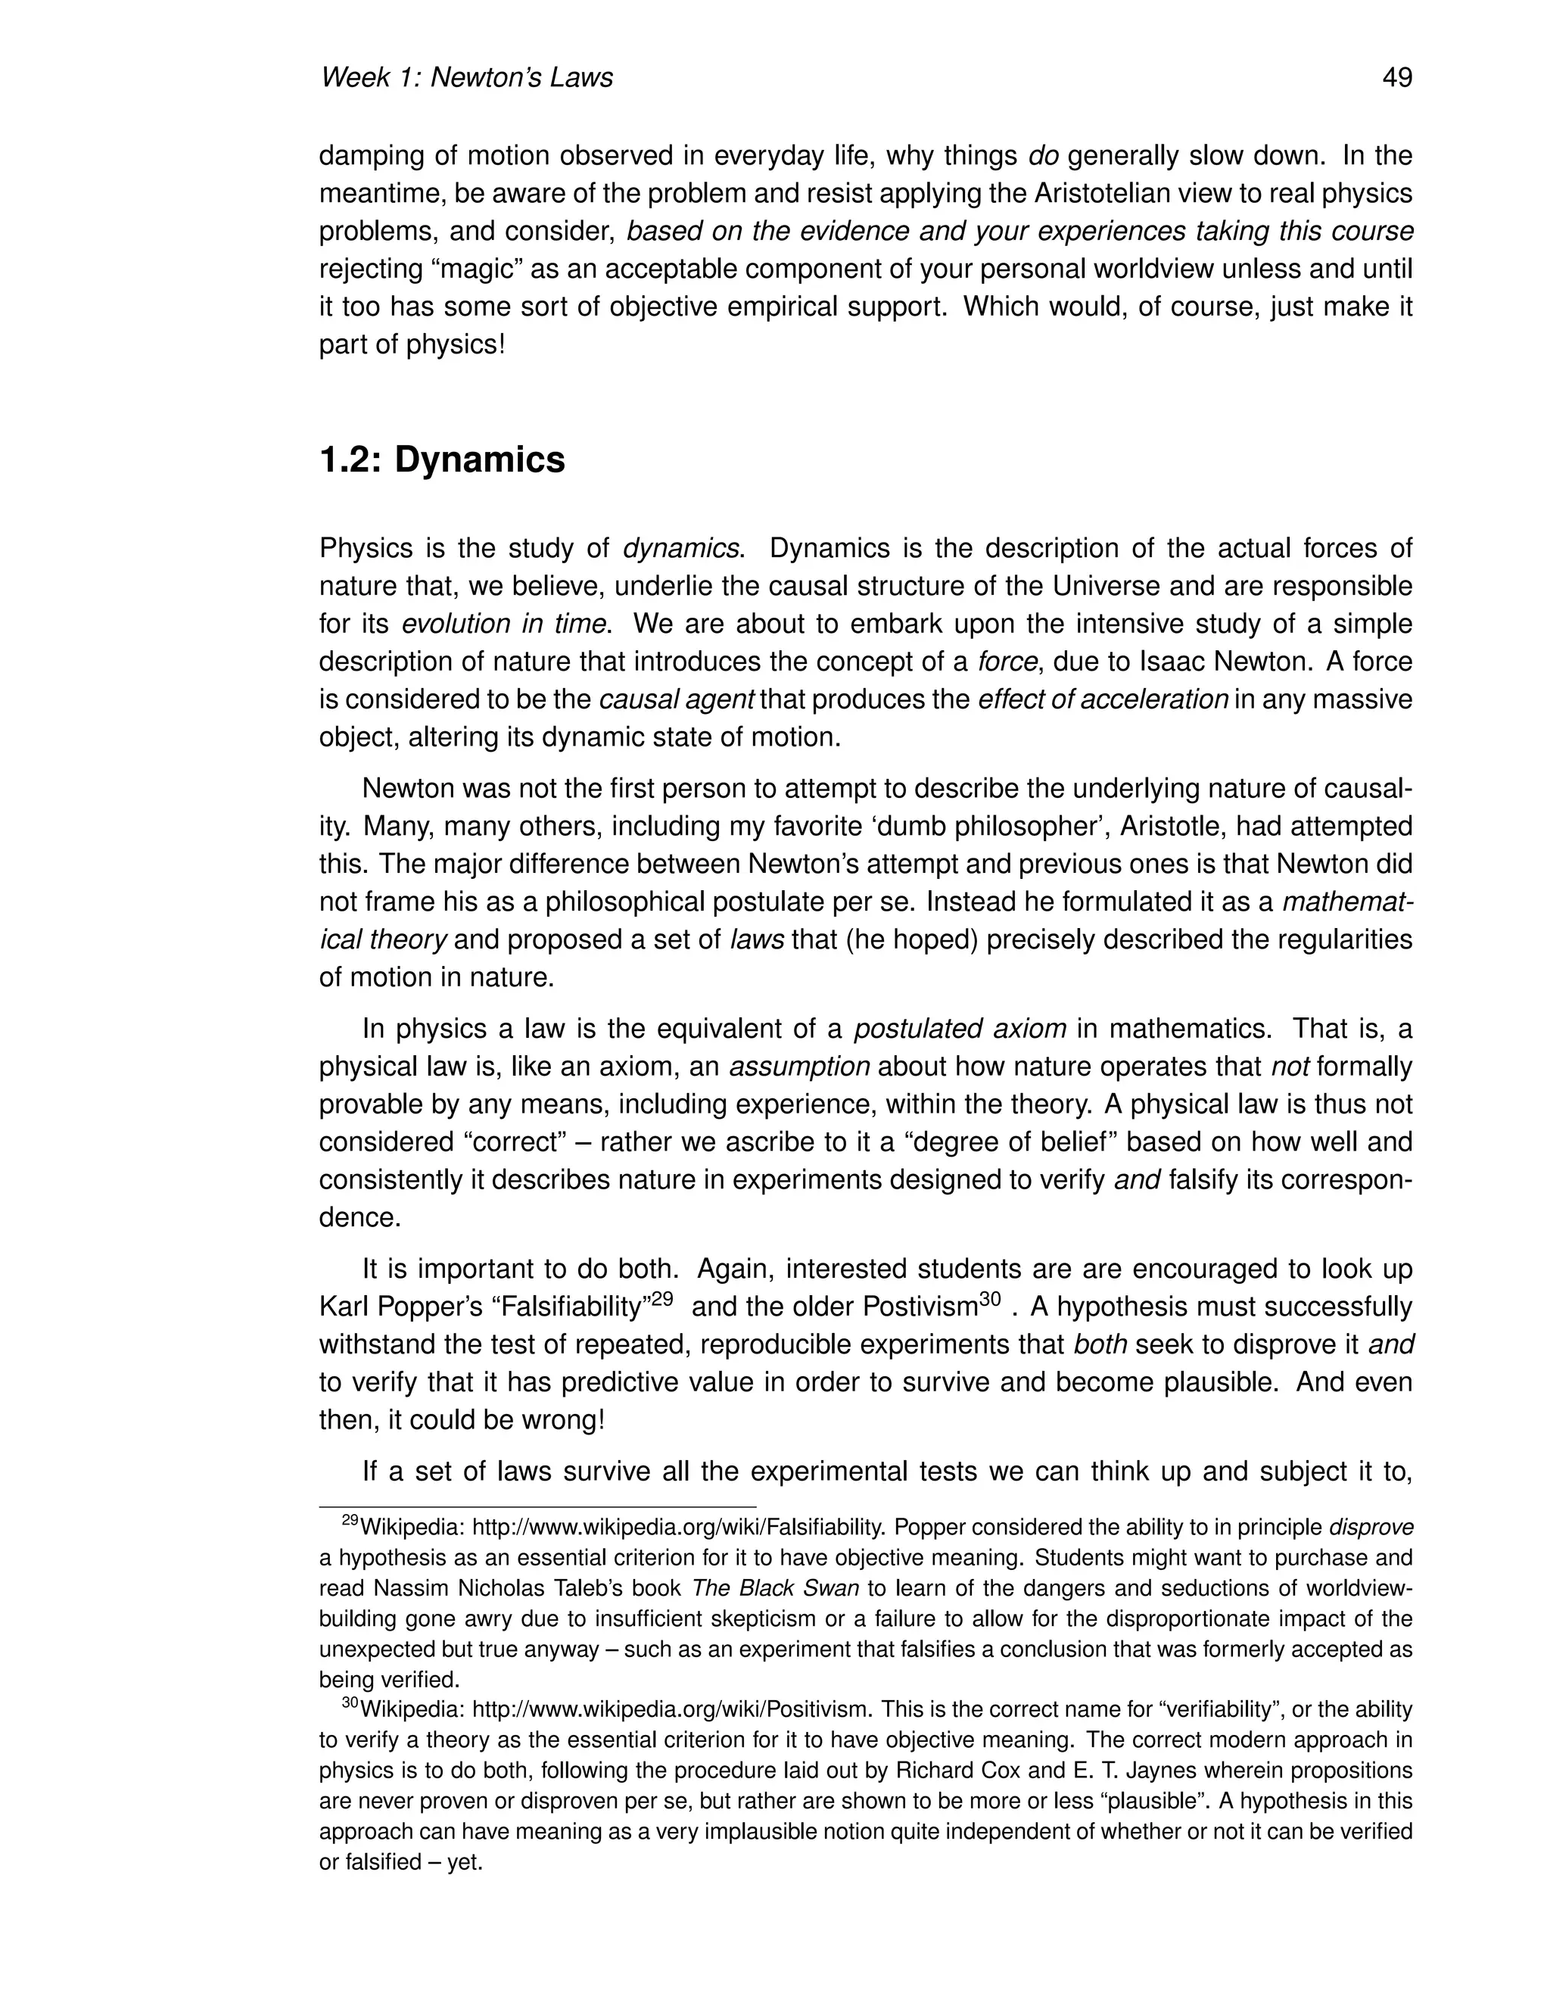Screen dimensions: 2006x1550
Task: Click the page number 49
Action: click(1396, 77)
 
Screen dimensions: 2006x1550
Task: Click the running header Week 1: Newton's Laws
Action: click(465, 77)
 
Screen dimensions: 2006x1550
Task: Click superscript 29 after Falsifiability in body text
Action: click(662, 1300)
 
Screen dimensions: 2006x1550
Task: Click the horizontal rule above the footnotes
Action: click(537, 1507)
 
